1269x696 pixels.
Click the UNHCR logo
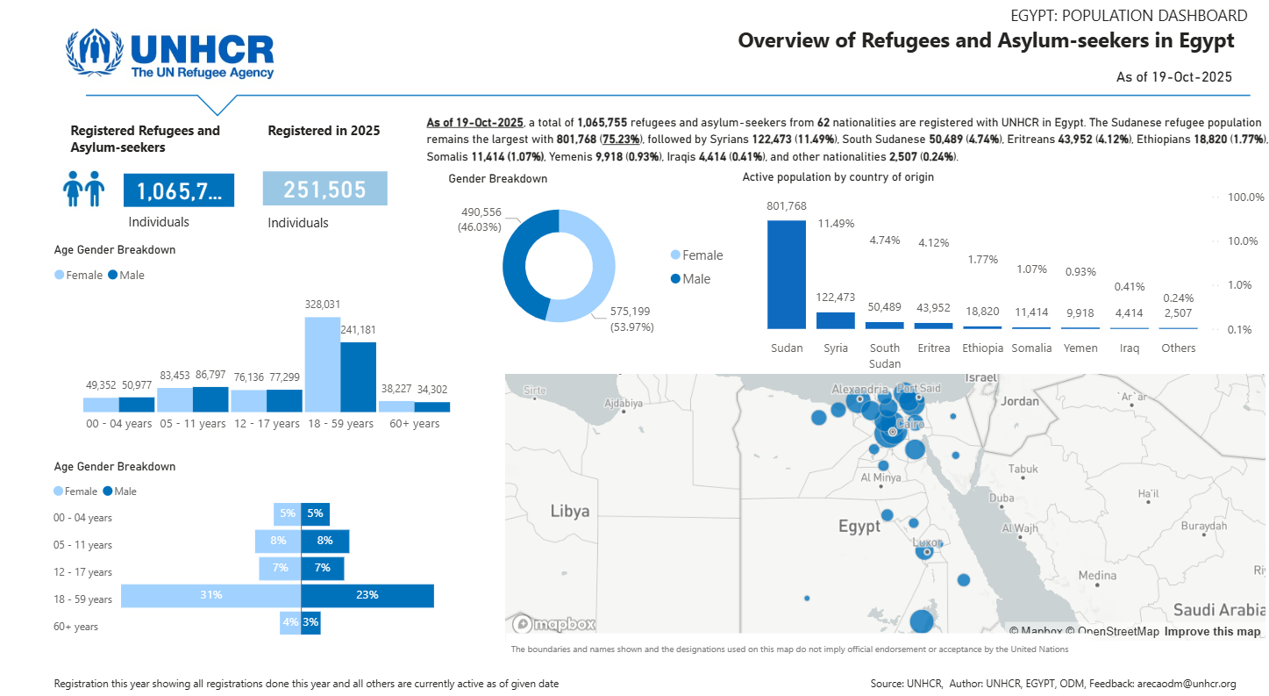click(170, 54)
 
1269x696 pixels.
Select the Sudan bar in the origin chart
click(786, 274)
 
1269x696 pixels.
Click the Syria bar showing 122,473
click(835, 320)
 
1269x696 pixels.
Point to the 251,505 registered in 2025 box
click(324, 189)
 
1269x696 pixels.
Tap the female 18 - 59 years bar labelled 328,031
click(322, 363)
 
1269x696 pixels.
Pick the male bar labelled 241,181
click(358, 377)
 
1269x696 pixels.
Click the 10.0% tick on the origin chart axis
click(1245, 241)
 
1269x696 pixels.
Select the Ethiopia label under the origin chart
click(982, 348)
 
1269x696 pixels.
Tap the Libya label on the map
click(569, 511)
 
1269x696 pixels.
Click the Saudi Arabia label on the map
click(1218, 610)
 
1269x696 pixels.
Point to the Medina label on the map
click(1097, 576)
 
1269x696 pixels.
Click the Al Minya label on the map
click(880, 478)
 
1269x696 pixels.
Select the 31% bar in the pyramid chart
click(210, 595)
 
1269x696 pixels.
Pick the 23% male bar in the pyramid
click(367, 595)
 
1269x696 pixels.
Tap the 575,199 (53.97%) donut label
click(631, 319)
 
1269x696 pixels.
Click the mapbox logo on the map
click(555, 624)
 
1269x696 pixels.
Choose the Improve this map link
click(1212, 631)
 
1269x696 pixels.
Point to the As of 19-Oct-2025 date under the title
click(1173, 77)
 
